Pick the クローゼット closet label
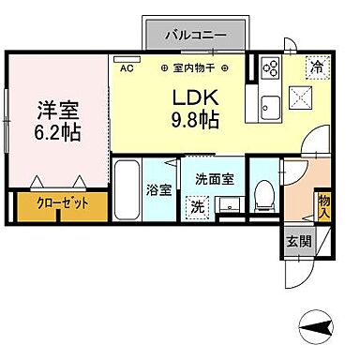(58, 203)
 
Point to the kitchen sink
(273, 103)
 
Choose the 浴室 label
(158, 188)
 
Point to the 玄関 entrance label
(296, 241)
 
